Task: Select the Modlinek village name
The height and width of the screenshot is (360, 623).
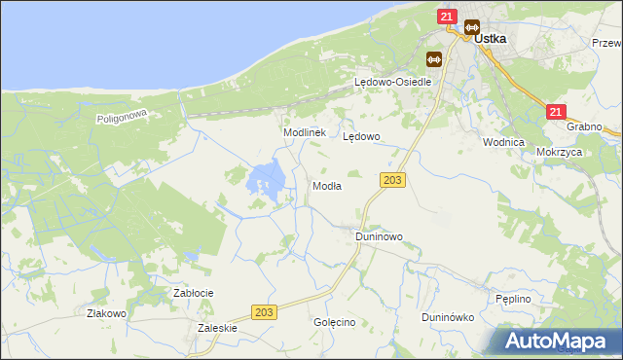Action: pos(303,131)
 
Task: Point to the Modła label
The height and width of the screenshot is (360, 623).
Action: pos(326,186)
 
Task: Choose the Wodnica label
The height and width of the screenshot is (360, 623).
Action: pos(503,141)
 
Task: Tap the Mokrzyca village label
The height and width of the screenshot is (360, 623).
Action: pos(559,153)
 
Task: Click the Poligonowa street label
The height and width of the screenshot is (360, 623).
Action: pos(121,117)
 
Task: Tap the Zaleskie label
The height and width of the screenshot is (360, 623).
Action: pos(217,329)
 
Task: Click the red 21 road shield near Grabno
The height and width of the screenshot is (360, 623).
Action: pos(556,113)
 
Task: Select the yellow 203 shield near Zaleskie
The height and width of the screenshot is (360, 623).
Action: pos(264,311)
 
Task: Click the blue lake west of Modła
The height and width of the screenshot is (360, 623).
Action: pos(267,180)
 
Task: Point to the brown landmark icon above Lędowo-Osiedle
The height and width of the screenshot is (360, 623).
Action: pos(433,59)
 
